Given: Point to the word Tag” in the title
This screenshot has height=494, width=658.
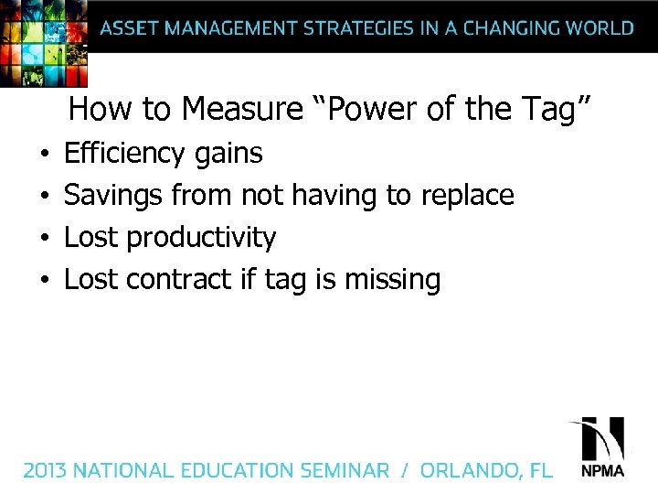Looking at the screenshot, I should coord(558,110).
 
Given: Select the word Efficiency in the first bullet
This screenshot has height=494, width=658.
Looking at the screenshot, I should coord(125,153).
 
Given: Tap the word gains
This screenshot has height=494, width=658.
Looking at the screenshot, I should coord(228,154).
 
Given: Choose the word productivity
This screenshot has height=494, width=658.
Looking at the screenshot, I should coord(201,238).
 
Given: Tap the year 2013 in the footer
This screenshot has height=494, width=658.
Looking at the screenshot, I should coord(45,471).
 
